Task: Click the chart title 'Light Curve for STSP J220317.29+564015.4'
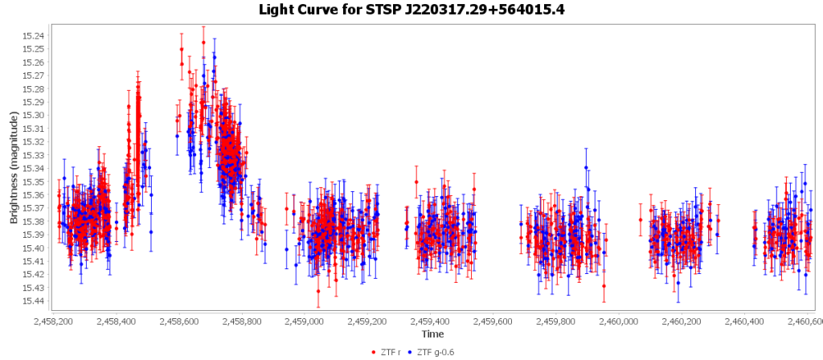pyautogui.click(x=411, y=10)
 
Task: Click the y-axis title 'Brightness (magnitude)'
pyautogui.click(x=14, y=168)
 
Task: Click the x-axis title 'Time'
pyautogui.click(x=432, y=333)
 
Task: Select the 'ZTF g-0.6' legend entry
pyautogui.click(x=437, y=352)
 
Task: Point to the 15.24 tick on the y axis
pyautogui.click(x=35, y=35)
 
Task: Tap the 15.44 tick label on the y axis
pyautogui.click(x=35, y=301)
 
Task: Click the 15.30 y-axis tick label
pyautogui.click(x=35, y=115)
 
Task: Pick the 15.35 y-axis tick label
pyautogui.click(x=35, y=182)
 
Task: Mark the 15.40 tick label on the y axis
pyautogui.click(x=35, y=247)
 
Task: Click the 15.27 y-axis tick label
pyautogui.click(x=35, y=76)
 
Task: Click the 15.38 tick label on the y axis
pyautogui.click(x=35, y=221)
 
